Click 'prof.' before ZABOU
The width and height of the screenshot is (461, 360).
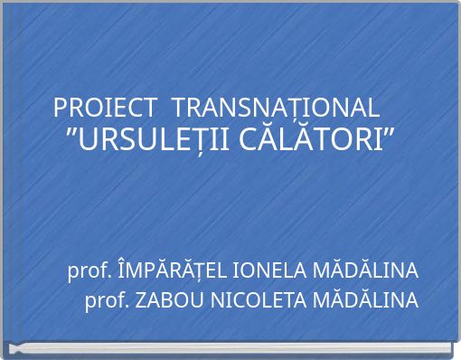(x=107, y=300)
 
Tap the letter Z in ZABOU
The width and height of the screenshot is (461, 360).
(x=139, y=300)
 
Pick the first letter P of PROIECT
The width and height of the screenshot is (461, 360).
(x=61, y=108)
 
